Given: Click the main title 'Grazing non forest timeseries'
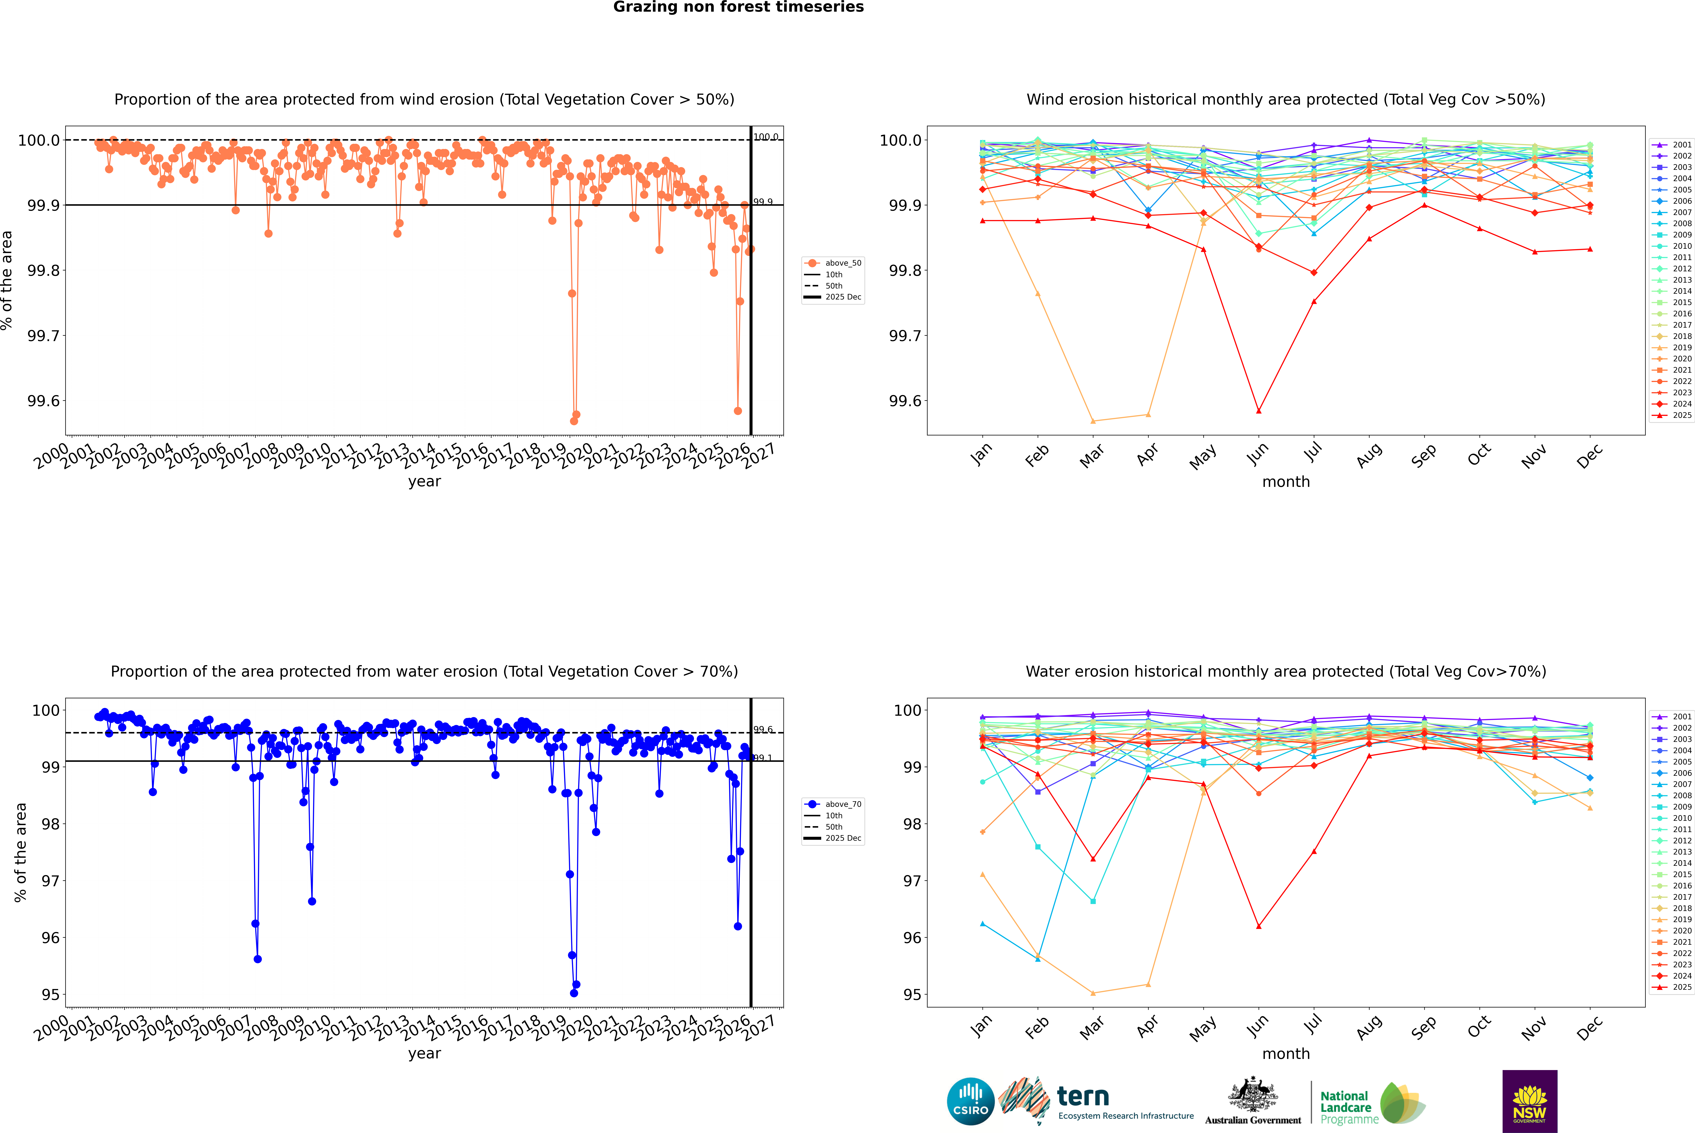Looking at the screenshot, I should coord(738,7).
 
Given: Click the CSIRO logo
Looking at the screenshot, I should coord(970,1101).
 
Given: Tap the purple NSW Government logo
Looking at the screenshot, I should coord(1529,1101).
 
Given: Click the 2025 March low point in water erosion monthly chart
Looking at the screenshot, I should coord(1092,859).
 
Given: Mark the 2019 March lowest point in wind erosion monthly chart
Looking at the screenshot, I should coord(1092,421).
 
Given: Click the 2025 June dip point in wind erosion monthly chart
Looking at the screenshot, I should coord(1259,411).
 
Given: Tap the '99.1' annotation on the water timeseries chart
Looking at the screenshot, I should coord(763,758).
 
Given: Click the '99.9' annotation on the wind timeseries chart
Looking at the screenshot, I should coord(763,202).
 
